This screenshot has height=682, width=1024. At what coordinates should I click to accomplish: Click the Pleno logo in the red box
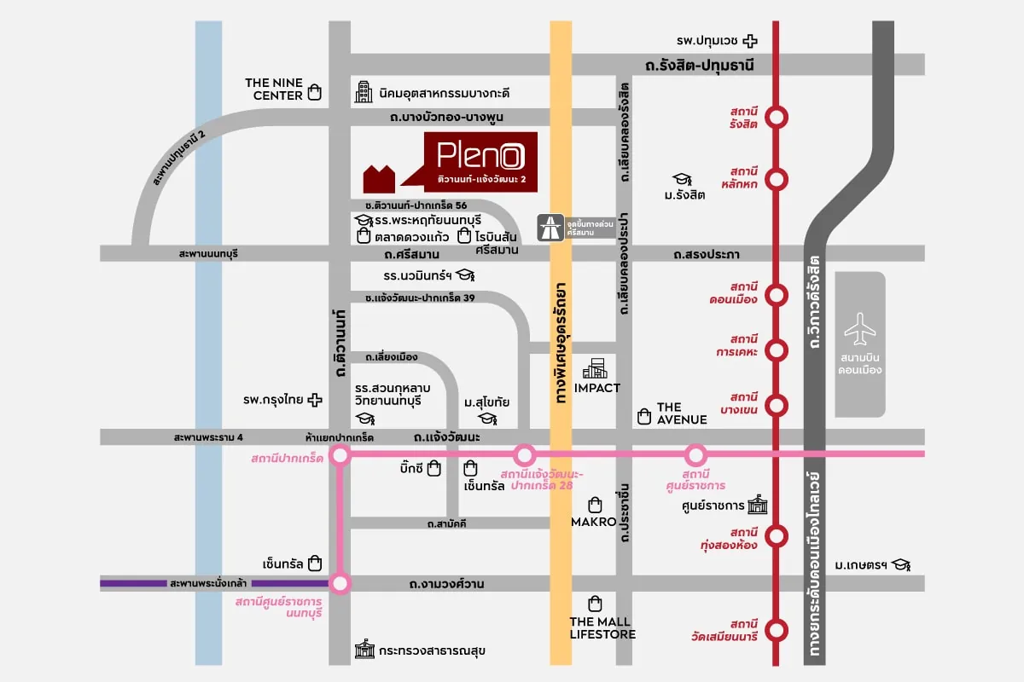(480, 155)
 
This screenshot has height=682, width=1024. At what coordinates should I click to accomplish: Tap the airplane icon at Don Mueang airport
(860, 327)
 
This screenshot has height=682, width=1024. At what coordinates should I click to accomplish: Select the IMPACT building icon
(596, 369)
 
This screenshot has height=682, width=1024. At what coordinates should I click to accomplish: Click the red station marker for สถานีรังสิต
(777, 118)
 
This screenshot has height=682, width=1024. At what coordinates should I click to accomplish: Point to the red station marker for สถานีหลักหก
(777, 179)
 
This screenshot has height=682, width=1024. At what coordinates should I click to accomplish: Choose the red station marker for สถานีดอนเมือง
(777, 295)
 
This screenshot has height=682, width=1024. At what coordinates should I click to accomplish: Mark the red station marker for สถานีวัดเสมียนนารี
(777, 631)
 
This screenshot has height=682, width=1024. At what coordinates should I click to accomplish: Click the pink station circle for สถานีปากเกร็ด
(340, 456)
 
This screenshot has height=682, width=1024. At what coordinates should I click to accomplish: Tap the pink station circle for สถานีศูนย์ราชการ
(695, 455)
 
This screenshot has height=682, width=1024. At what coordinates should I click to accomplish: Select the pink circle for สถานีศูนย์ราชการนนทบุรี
(340, 584)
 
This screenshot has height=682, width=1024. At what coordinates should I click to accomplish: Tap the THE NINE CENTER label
(273, 90)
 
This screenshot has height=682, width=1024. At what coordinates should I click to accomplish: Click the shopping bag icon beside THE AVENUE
(644, 416)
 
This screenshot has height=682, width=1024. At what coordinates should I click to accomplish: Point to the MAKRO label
(594, 521)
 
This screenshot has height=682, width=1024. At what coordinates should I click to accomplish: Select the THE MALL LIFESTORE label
(602, 627)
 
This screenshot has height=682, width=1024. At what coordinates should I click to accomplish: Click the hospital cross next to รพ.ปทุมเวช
(750, 40)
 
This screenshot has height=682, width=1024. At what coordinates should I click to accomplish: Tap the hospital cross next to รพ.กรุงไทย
(316, 399)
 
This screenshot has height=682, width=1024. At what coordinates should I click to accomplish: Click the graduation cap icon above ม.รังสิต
(681, 179)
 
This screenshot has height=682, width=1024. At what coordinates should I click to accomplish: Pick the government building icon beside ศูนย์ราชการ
(757, 506)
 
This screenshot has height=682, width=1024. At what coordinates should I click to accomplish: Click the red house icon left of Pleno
(380, 178)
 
